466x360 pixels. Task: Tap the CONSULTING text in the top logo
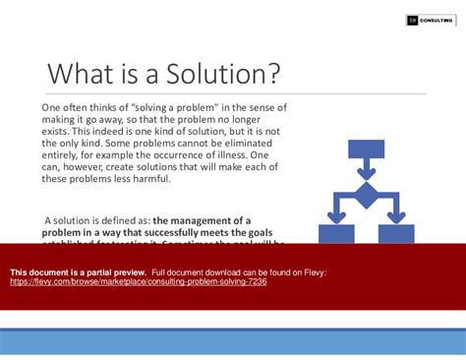(437, 20)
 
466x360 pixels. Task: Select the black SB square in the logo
(413, 20)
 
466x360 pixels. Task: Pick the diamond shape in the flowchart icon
(366, 194)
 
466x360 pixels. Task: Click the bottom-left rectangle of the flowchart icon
(337, 233)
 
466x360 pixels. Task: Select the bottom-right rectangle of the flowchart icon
(395, 233)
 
